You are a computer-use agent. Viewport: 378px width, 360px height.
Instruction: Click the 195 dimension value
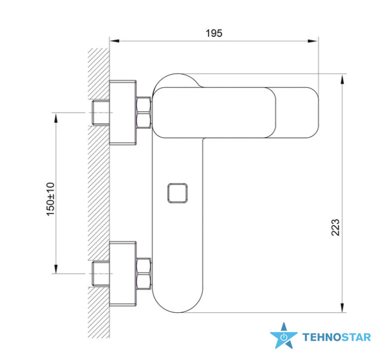click(214, 33)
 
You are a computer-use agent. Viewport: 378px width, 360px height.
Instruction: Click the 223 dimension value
click(335, 227)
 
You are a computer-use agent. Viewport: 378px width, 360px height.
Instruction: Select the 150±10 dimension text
click(50, 199)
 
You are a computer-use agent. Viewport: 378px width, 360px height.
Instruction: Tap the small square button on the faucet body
click(177, 193)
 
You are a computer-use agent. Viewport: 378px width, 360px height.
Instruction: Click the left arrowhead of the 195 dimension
click(115, 41)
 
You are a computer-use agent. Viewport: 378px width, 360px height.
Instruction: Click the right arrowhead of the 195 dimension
click(313, 41)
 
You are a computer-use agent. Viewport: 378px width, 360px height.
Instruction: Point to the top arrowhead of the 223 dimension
click(342, 79)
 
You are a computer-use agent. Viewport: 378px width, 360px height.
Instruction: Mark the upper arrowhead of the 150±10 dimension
click(56, 117)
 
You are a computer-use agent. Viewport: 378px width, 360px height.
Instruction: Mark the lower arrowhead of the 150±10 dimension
click(56, 269)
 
